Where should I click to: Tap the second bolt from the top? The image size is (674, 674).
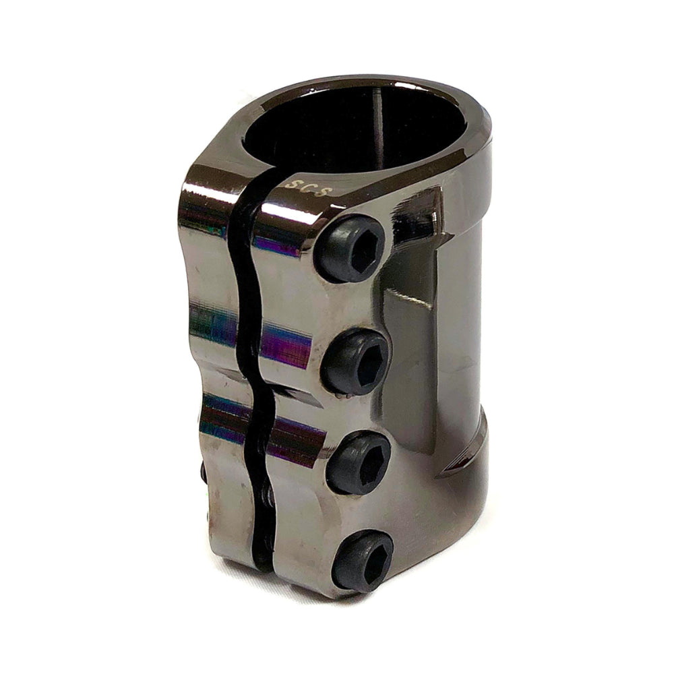coord(357,363)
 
